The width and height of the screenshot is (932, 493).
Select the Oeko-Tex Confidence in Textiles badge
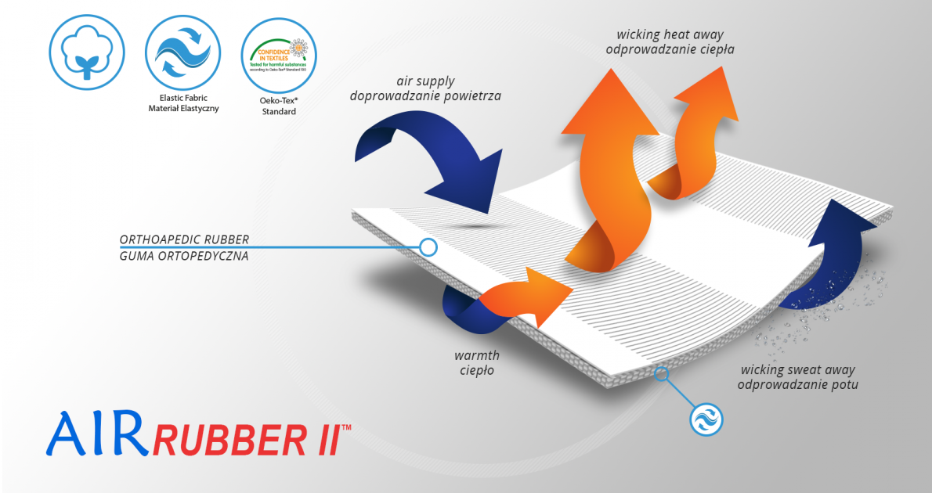(279, 52)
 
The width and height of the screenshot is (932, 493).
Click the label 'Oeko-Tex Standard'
(279, 106)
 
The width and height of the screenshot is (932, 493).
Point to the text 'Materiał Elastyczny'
(183, 108)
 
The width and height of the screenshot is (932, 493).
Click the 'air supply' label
(425, 81)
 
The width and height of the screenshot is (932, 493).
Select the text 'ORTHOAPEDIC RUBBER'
(184, 239)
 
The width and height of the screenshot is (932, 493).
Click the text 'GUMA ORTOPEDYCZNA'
(184, 255)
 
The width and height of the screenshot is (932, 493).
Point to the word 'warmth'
(477, 356)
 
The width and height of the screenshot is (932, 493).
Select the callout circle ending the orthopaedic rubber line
(428, 247)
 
